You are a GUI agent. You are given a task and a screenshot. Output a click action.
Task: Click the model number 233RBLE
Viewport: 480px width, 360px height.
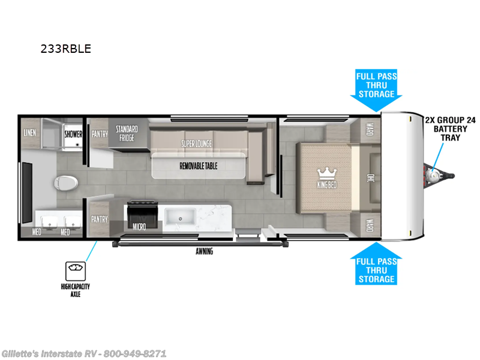66,49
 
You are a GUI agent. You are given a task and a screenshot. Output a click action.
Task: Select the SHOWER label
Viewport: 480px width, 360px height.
73,134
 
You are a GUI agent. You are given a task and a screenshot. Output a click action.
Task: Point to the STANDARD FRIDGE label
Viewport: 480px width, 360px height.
127,133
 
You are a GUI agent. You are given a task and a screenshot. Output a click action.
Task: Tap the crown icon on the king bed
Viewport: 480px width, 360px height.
328,173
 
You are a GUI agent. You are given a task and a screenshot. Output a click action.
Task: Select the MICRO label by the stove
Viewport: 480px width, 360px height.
140,227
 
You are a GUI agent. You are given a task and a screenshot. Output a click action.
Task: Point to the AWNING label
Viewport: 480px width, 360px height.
204,251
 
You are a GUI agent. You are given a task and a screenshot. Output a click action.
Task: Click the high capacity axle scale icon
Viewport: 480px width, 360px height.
75,269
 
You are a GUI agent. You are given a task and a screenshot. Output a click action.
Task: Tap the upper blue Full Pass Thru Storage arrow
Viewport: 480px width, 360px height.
376,90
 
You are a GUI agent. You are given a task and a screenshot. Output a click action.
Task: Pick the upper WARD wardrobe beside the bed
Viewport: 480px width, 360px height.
369,130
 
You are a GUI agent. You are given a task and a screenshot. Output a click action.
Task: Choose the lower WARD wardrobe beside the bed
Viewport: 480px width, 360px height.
369,225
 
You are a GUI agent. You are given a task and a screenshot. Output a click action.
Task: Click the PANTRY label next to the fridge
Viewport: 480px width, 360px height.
100,134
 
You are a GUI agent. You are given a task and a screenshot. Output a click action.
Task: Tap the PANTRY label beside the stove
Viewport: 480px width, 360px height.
100,220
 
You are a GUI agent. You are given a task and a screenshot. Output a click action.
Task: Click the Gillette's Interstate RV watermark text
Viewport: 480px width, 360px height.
84,353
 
